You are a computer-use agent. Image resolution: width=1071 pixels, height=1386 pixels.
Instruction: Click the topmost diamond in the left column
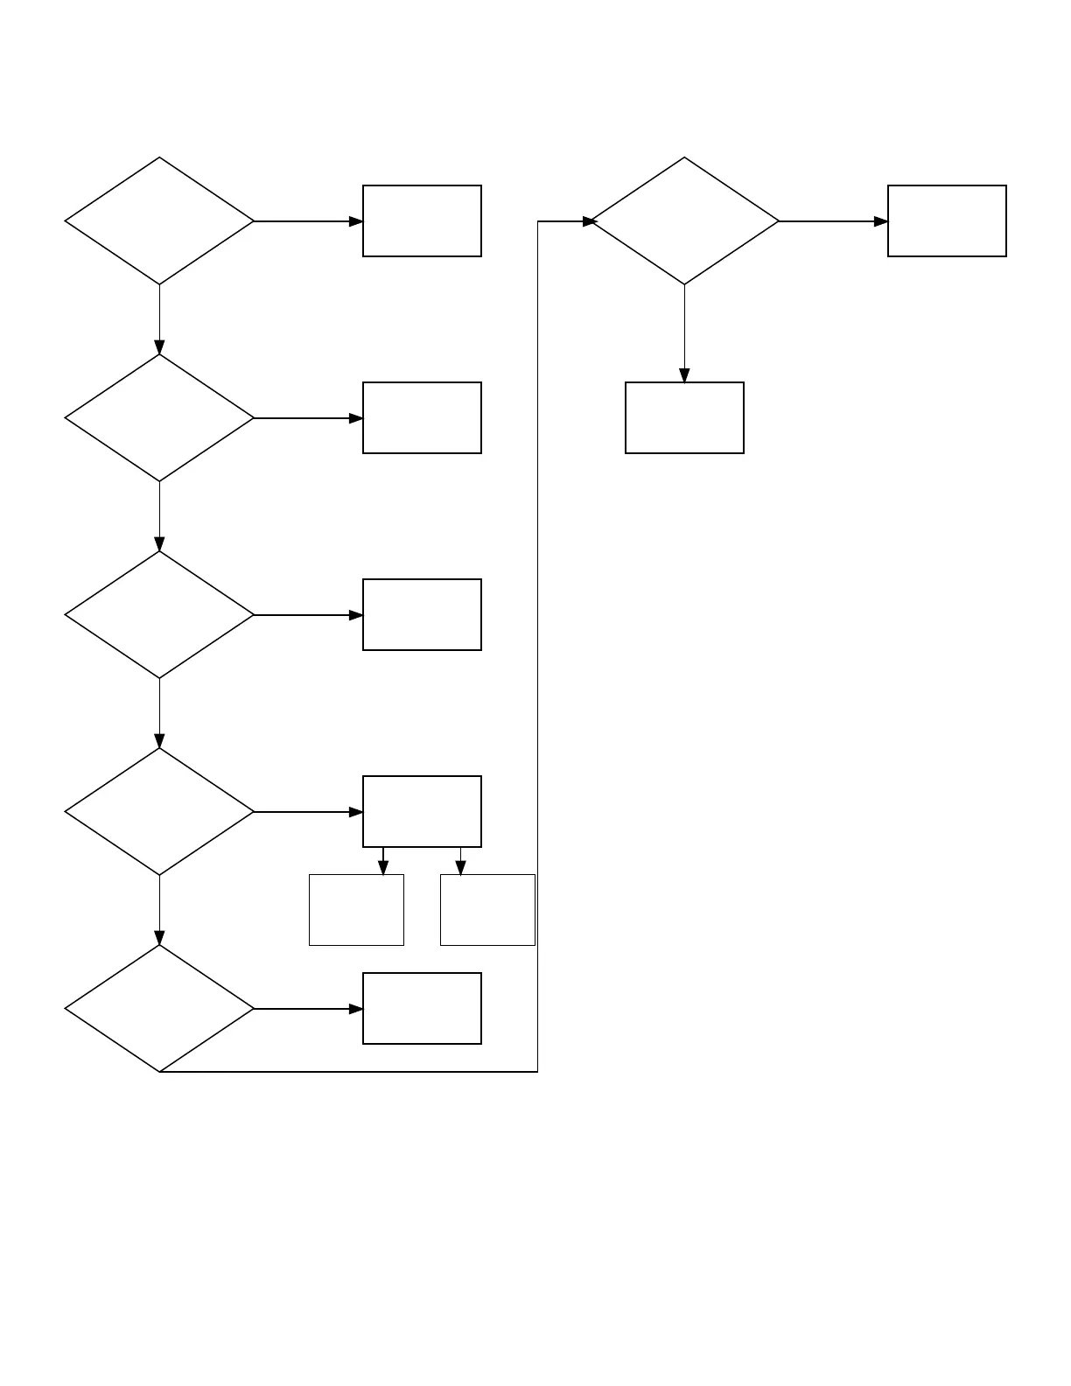[159, 221]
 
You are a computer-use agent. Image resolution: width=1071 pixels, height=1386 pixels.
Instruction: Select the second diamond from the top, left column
[159, 418]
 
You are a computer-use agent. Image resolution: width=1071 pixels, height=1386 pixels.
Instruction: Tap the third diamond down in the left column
[159, 615]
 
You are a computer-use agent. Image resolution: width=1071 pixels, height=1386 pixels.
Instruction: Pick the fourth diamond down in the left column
[159, 812]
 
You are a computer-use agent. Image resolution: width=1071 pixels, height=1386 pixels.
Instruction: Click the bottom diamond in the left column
[159, 1009]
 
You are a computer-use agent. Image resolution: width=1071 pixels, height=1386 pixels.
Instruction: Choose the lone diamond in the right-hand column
[684, 221]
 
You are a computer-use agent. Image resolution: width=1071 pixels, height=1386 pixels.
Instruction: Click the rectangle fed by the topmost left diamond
[422, 221]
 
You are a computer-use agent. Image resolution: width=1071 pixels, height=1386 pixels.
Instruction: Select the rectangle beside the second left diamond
[422, 418]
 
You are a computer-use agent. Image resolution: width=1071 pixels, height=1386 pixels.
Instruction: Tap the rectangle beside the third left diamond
[422, 615]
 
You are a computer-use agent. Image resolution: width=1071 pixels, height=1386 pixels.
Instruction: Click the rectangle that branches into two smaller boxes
[422, 812]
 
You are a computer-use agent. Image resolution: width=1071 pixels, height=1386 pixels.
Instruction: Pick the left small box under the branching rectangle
[356, 910]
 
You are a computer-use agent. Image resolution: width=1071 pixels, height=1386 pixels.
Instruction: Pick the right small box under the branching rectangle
[487, 910]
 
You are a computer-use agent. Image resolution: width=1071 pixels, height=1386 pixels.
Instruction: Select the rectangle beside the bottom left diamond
[422, 1009]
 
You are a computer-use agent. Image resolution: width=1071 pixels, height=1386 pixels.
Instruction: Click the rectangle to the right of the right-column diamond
[947, 221]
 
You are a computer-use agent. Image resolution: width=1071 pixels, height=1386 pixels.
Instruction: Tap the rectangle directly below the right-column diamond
[684, 418]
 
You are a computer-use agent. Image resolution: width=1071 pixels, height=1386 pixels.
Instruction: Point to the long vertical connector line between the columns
[537, 647]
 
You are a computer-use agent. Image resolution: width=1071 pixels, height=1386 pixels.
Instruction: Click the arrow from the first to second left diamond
[159, 319]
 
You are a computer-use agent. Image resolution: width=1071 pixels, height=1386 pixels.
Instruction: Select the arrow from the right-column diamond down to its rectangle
[684, 332]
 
